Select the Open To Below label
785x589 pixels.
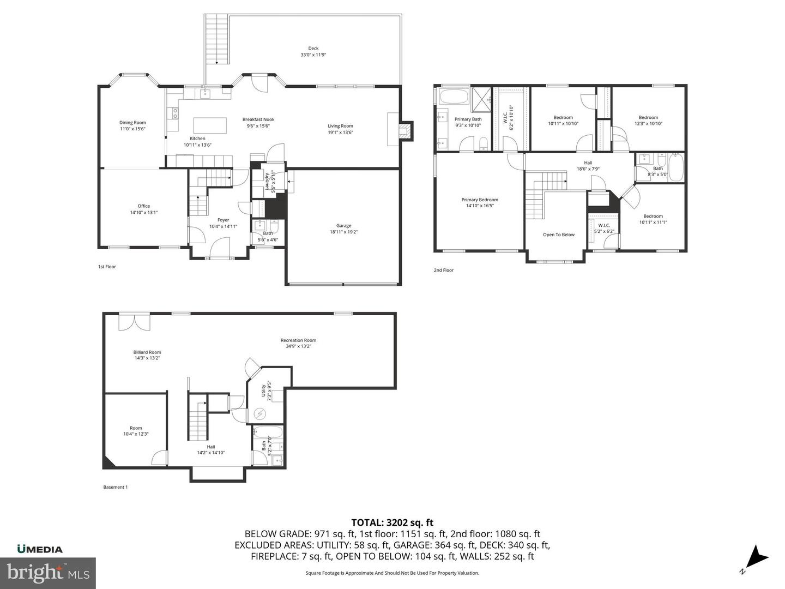point(558,235)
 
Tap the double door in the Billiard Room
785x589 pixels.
point(134,321)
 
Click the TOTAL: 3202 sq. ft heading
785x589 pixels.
point(392,522)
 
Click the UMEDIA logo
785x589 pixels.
point(40,549)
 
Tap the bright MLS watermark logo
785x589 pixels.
point(48,573)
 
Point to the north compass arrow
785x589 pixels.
point(756,558)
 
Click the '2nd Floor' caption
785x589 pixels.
point(443,270)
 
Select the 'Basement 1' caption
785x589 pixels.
point(115,487)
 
